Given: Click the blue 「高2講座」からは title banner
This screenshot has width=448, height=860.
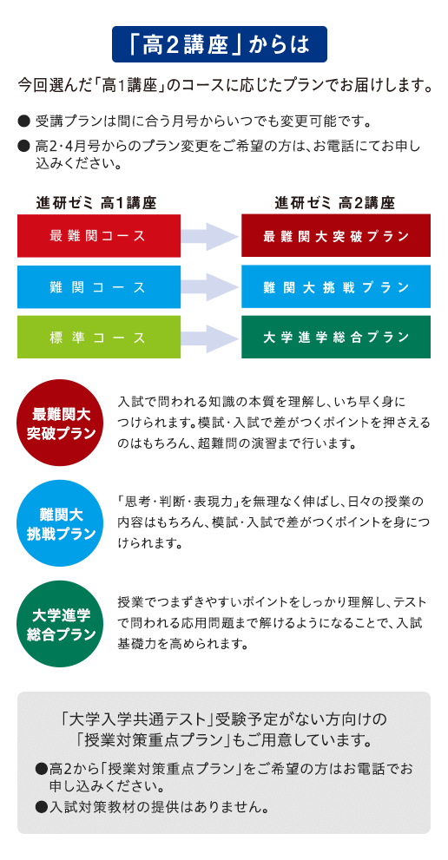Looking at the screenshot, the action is point(220,44).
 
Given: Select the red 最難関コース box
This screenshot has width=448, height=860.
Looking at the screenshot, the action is point(99,236).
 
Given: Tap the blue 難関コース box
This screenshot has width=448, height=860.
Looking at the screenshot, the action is point(99,287).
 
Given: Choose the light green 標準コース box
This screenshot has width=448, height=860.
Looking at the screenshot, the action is point(99,338).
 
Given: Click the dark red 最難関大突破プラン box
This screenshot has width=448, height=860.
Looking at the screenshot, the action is point(336,236).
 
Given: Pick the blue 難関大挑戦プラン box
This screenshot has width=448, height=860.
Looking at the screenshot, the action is point(336,287).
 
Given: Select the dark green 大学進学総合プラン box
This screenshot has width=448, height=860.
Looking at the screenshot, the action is point(336,338).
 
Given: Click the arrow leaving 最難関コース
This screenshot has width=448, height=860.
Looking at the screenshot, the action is point(211,236).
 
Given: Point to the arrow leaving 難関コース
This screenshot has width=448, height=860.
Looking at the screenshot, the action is point(211,287).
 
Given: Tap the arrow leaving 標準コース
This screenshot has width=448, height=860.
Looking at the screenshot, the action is point(211,338).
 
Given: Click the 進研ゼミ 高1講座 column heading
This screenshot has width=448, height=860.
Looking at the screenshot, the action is point(96,203).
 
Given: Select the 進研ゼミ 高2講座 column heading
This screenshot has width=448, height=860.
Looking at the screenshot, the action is point(335,203).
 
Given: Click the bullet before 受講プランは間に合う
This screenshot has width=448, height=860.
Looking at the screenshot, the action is point(23,120).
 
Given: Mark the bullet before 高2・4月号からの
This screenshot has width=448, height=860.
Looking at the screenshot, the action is point(23,146).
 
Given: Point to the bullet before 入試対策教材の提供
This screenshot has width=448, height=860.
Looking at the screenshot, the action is point(40,806).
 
